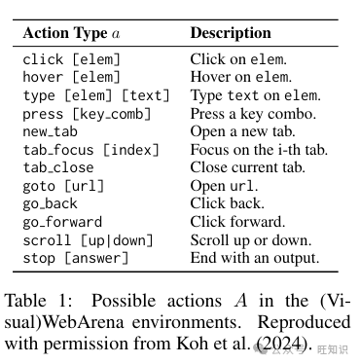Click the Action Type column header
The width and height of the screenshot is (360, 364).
coord(71,33)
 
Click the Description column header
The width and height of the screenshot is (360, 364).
coord(231,33)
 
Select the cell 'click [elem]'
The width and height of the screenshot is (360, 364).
coord(71,59)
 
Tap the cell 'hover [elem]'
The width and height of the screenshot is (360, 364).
coord(71,77)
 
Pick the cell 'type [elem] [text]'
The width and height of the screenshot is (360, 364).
coord(96,95)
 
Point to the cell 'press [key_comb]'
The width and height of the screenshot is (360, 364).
coord(87,114)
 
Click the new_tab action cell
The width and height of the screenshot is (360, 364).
coord(50,131)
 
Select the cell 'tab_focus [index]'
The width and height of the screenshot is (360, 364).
coord(91,150)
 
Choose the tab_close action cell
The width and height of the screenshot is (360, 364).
coord(58,167)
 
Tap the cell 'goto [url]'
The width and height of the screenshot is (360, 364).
coord(63,186)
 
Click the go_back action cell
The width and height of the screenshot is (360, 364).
coord(50,203)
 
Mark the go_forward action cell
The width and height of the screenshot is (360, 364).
coord(62,222)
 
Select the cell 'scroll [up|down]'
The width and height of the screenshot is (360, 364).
coord(88,240)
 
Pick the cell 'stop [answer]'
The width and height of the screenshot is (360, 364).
coord(76,259)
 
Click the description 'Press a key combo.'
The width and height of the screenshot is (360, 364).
coord(253,114)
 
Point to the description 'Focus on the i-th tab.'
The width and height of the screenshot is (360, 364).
coord(259,150)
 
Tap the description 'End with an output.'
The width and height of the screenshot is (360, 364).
coord(255,258)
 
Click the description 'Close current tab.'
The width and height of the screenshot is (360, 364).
coord(248,167)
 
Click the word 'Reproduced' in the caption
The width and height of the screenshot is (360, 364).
coord(304,323)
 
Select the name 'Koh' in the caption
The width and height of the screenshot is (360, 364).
coord(190,344)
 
